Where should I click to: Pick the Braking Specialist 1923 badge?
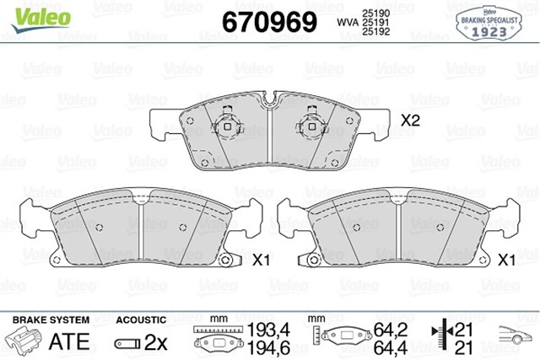tap(489, 21)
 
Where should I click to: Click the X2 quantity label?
tap(410, 121)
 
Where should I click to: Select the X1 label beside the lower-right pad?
tap(507, 261)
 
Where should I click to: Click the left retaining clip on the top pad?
tap(226, 129)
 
